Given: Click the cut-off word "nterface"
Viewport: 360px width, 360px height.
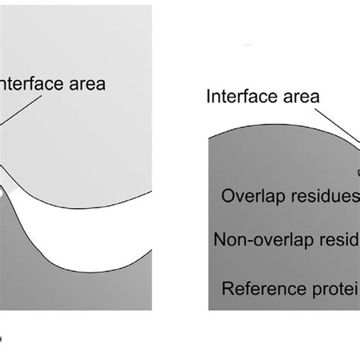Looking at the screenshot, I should pyautogui.click(x=38, y=84).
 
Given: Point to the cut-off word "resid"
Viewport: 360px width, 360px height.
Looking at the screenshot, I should pyautogui.click(x=334, y=241).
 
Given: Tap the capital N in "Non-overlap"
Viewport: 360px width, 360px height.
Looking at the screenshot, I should pyautogui.click(x=220, y=241).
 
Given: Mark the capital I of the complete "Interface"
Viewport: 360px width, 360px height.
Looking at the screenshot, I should pyautogui.click(x=209, y=96).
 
